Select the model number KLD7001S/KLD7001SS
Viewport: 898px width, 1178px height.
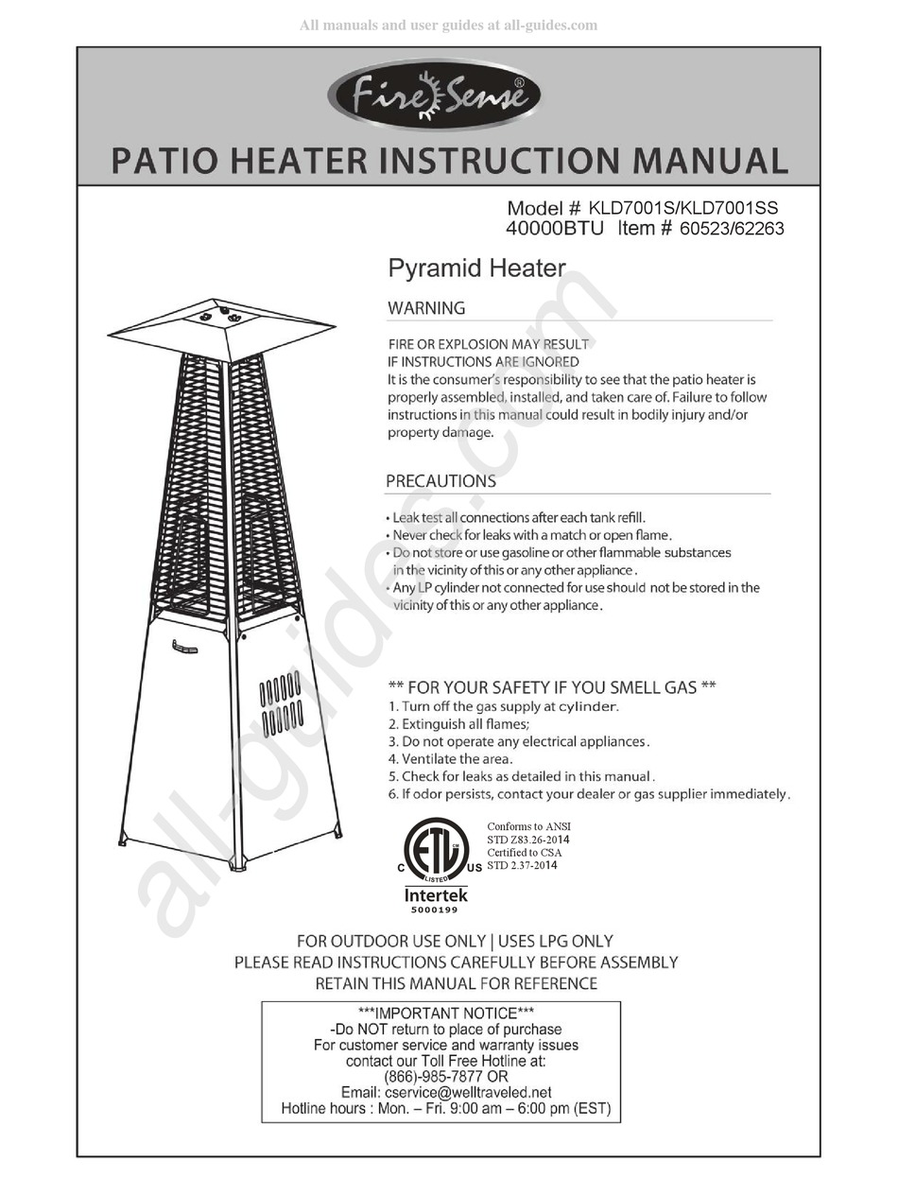[684, 208]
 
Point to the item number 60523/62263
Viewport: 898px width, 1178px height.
[732, 228]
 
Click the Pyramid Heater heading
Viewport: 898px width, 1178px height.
[476, 269]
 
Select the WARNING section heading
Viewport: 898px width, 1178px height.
[426, 308]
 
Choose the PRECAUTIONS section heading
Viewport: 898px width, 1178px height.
[440, 481]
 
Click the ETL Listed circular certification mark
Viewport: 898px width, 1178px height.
[436, 846]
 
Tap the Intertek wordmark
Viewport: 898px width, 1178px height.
[436, 894]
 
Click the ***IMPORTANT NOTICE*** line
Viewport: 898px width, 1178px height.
[440, 1013]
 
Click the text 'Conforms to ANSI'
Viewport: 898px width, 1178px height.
[528, 826]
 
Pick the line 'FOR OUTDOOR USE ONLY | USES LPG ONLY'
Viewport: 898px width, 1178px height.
[455, 942]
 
